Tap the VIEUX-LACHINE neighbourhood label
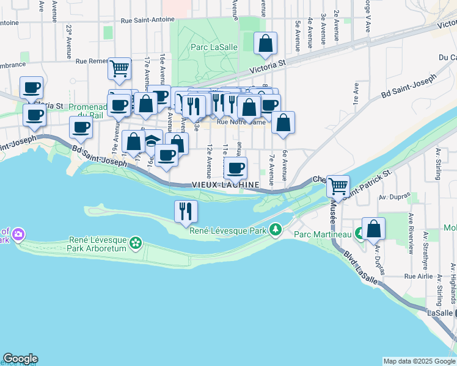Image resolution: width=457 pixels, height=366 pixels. click(225, 184)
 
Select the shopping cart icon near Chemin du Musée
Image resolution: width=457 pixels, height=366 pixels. click(338, 185)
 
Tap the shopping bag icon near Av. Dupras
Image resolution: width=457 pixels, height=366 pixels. click(373, 229)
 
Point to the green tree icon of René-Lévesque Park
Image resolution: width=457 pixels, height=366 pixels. click(276, 229)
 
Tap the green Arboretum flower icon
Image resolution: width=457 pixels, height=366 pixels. click(136, 243)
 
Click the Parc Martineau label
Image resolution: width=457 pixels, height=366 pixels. click(322, 234)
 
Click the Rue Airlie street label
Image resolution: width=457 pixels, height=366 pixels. click(419, 276)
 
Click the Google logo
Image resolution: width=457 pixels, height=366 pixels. click(20, 359)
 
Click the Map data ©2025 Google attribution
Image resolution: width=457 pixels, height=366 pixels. click(419, 361)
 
